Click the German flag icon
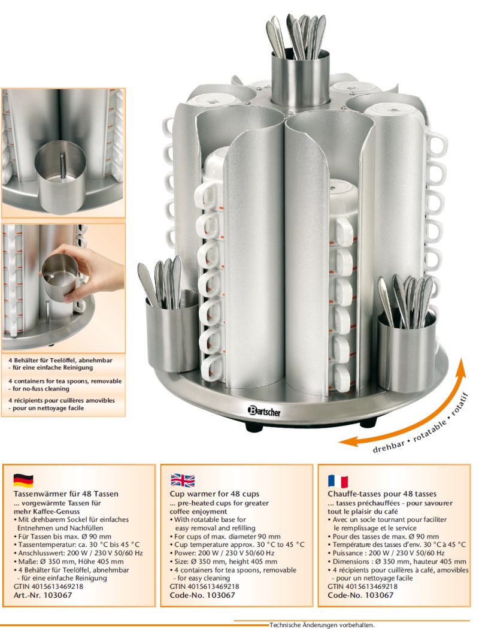23,480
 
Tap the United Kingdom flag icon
183,480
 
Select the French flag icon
338,480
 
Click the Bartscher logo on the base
264,411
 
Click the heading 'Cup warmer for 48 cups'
214,494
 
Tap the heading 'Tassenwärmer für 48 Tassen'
66,494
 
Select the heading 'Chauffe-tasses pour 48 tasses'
382,494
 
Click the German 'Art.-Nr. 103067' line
43,595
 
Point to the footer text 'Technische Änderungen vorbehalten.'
322,625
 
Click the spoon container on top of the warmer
300,78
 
